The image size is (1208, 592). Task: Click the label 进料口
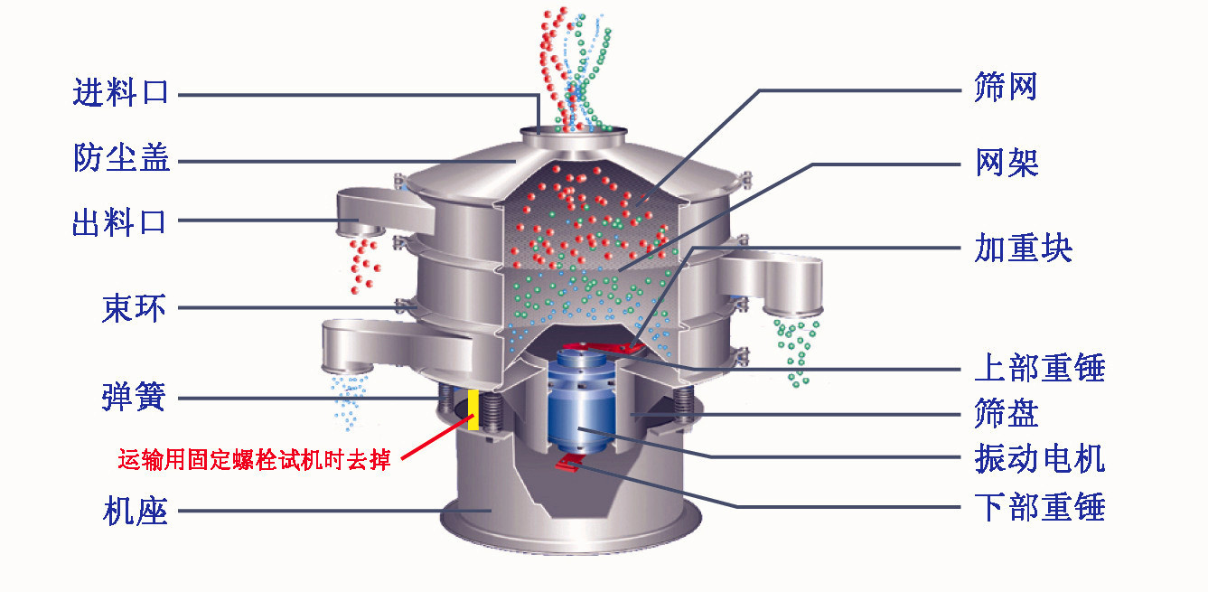pos(121,93)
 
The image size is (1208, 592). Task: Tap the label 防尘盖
pos(121,160)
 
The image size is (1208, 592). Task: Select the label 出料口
pos(121,221)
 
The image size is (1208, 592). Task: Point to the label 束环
pos(134,308)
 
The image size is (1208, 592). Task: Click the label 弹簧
pos(134,398)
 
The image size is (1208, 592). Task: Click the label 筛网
pos(1005,89)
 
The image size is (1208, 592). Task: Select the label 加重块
pos(1023,248)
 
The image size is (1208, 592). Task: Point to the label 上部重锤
pos(1039,368)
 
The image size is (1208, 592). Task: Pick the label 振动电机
pos(1039,458)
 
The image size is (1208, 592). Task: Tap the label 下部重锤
pos(1039,506)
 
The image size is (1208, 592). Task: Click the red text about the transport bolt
pos(254,460)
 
